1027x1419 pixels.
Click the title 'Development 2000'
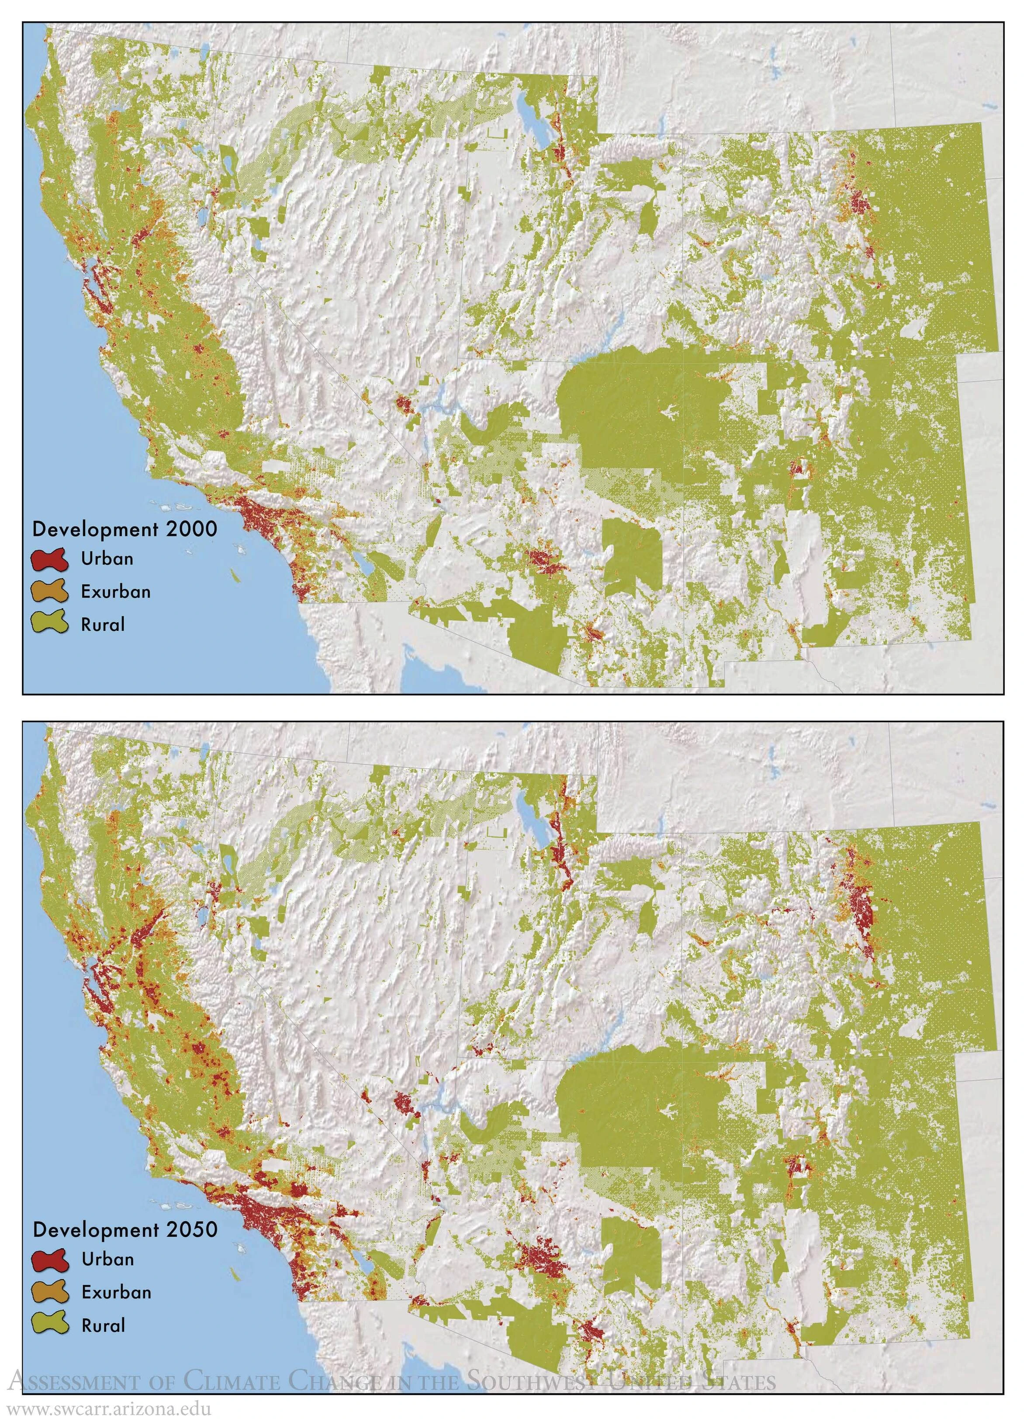pos(124,530)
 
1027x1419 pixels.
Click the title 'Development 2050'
pos(124,1230)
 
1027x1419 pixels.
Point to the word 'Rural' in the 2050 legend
pos(103,1326)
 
